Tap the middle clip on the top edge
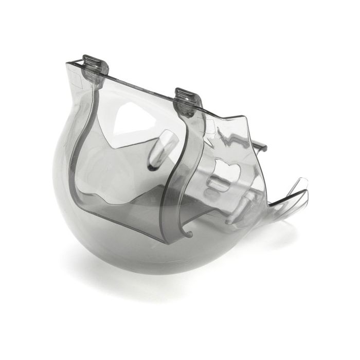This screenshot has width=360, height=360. pyautogui.click(x=185, y=98)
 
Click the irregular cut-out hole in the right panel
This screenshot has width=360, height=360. pyautogui.click(x=226, y=170)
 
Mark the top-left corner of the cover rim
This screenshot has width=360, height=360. pyautogui.click(x=68, y=63)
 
